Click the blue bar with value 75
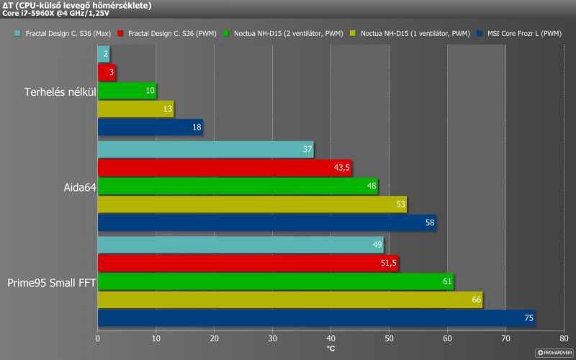[x=316, y=318]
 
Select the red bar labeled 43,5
[x=224, y=168]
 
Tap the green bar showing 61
[x=275, y=282]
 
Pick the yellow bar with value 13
[x=135, y=109]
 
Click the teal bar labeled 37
[x=205, y=150]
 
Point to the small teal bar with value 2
[x=103, y=54]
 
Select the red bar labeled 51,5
[x=248, y=264]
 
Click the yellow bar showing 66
[x=289, y=300]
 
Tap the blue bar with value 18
[x=150, y=127]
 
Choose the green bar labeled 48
[x=238, y=186]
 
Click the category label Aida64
[x=78, y=186]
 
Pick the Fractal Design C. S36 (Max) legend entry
[x=64, y=34]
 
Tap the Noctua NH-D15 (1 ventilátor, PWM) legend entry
[x=410, y=34]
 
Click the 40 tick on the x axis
[x=330, y=338]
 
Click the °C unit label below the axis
[x=330, y=348]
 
